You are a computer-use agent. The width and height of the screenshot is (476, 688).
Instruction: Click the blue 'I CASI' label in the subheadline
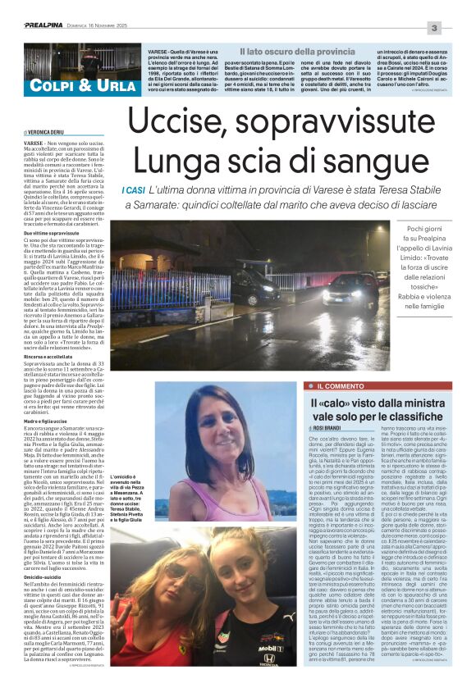click(x=132, y=190)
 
